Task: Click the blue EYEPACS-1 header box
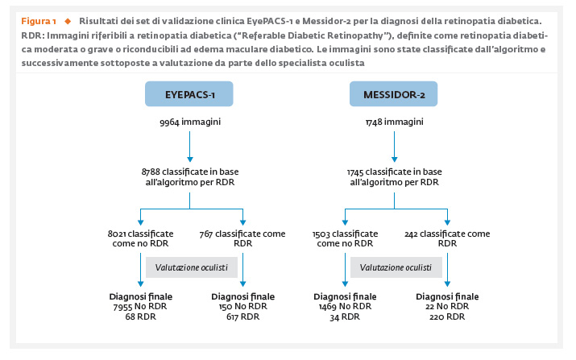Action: [189, 94]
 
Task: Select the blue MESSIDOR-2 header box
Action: [393, 94]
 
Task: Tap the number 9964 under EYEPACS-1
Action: [169, 122]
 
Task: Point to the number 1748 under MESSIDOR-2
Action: [374, 122]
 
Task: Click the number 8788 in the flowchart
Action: [151, 172]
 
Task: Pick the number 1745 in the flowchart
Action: [355, 172]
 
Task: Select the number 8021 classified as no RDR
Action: [117, 234]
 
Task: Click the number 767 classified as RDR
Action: [206, 234]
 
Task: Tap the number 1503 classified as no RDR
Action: [321, 234]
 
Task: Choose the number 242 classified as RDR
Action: [411, 234]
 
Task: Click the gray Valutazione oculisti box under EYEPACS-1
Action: [192, 267]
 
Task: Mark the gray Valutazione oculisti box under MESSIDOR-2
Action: [396, 267]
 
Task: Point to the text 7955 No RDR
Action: [140, 307]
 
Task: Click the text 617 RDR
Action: [242, 317]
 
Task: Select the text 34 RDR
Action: [345, 317]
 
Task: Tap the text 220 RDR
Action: [447, 317]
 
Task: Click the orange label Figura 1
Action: [39, 21]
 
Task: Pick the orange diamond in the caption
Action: [68, 21]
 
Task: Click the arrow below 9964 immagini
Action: [190, 147]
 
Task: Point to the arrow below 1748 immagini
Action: [394, 147]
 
